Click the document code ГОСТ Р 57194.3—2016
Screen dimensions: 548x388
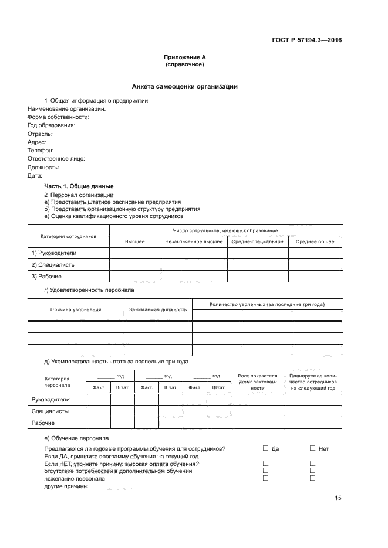(x=308, y=40)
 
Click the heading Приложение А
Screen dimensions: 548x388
(x=184, y=57)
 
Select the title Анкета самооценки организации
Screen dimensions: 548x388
(x=184, y=86)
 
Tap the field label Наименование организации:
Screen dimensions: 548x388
(x=66, y=108)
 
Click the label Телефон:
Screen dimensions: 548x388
(x=41, y=150)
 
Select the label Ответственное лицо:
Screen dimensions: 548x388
(x=56, y=158)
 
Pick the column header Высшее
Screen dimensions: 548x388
(x=135, y=241)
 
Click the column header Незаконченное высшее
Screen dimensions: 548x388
(x=194, y=241)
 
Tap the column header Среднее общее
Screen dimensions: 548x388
(x=315, y=241)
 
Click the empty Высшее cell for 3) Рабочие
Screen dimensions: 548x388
(x=135, y=276)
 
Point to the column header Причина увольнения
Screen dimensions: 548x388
(x=76, y=309)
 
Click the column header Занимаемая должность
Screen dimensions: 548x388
(x=158, y=309)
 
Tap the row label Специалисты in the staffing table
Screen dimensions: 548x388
(x=50, y=411)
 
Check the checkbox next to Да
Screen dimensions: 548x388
(x=265, y=448)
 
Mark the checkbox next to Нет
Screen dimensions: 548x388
(x=312, y=448)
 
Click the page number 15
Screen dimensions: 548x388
(x=338, y=498)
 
